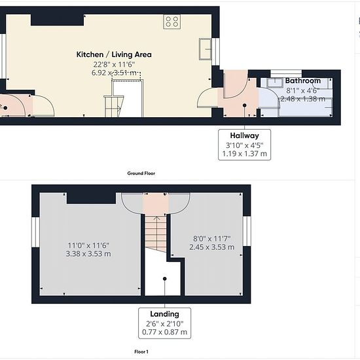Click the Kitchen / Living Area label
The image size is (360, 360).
(114, 54)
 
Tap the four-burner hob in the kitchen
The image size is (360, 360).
(172, 22)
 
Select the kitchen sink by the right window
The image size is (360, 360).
(206, 49)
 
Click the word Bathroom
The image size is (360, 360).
(303, 81)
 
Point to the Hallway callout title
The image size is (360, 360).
(245, 135)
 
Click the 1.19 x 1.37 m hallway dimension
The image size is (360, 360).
(245, 153)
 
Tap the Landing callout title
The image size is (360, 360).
(164, 314)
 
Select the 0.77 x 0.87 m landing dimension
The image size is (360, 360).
(164, 332)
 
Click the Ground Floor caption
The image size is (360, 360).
(141, 173)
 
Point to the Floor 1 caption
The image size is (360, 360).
(141, 351)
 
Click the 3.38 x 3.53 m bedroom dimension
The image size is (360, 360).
(88, 254)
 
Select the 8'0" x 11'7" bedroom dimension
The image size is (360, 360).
(211, 239)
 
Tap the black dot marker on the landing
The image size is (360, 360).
(164, 279)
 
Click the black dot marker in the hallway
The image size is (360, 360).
(245, 105)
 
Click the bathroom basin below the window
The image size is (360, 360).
(275, 82)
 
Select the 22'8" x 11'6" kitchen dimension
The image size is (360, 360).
(114, 65)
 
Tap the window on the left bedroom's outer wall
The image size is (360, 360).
(35, 232)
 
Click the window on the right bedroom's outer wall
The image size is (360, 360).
(247, 231)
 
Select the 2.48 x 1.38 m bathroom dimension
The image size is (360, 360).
(303, 99)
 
